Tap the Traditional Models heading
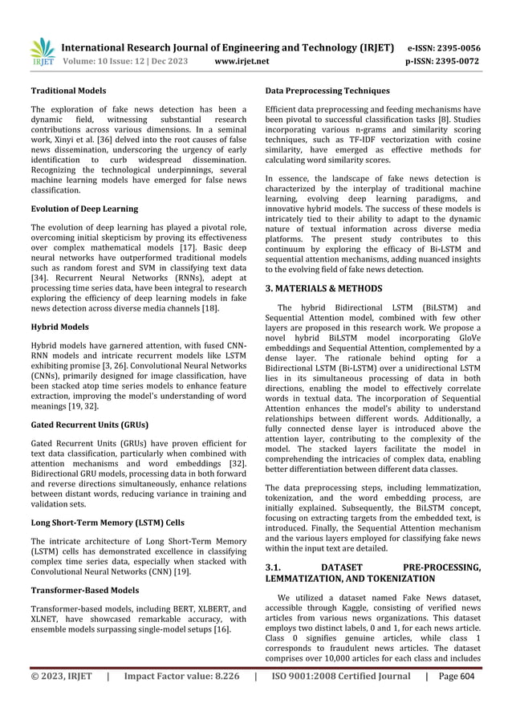(68, 91)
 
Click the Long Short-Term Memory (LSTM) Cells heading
(107, 521)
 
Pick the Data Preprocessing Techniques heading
(327, 91)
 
